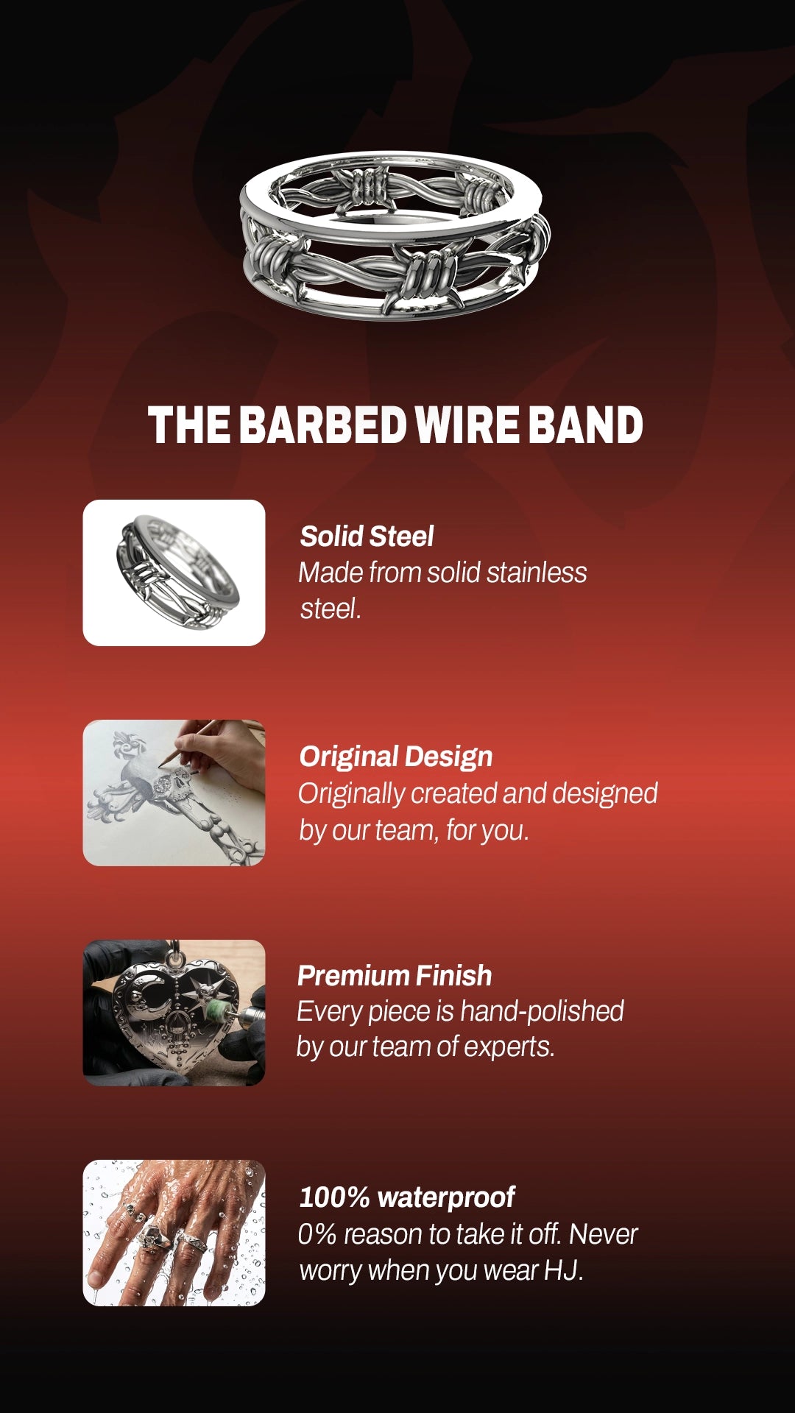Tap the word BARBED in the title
coord(323,425)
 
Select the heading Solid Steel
coord(367,536)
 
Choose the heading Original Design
coord(396,757)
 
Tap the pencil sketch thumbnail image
coord(174,793)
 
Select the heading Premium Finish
coord(395,976)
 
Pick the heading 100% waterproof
coord(407,1197)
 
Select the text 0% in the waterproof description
coord(317,1234)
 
